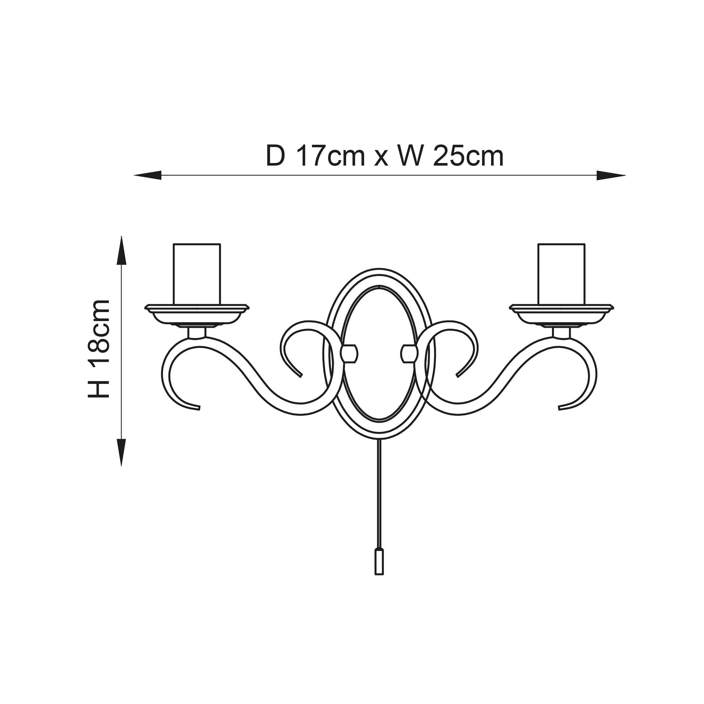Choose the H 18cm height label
click(x=98, y=349)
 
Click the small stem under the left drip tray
click(x=197, y=333)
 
